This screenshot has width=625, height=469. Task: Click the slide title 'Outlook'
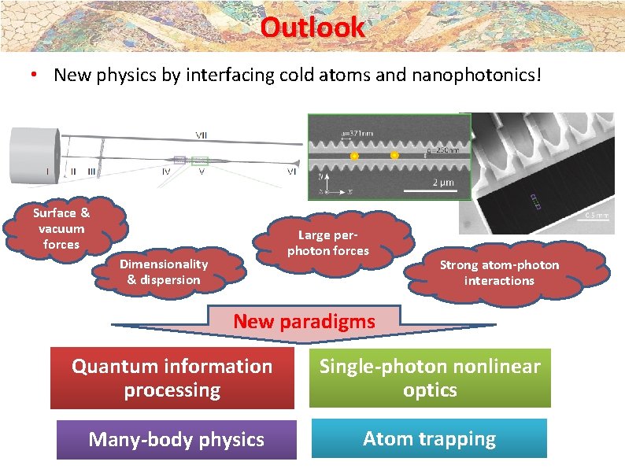(312, 27)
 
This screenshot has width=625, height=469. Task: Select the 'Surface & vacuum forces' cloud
(61, 228)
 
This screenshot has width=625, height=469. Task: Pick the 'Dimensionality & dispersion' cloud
(164, 271)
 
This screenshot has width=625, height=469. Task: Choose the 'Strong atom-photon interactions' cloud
(499, 272)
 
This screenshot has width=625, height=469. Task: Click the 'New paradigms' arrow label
(305, 321)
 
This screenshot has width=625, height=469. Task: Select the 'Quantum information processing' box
(172, 378)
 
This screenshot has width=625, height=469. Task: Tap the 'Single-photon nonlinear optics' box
(430, 378)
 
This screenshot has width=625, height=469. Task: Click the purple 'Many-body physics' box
(176, 439)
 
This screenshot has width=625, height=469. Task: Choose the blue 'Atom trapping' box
(429, 438)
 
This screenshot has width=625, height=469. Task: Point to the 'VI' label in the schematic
(291, 170)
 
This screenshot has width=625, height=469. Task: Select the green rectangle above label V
(199, 161)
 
